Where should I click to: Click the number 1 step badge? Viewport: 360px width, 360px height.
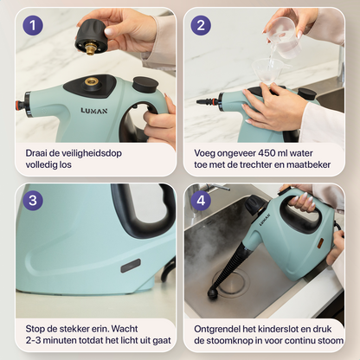click(34, 26)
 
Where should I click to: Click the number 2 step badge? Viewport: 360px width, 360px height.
click(201, 26)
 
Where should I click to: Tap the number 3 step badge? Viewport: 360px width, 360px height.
click(34, 202)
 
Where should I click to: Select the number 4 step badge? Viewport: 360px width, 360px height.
click(201, 202)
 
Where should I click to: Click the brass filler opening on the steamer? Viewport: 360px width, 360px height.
click(91, 81)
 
